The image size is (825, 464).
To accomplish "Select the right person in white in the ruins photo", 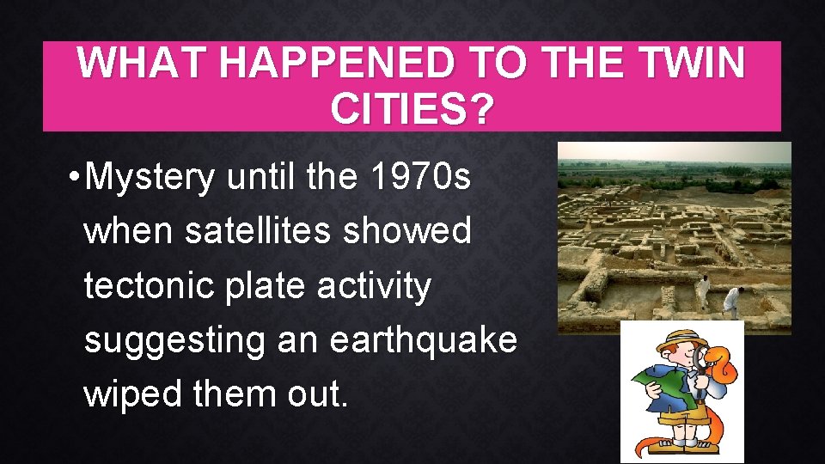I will point(732,300).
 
